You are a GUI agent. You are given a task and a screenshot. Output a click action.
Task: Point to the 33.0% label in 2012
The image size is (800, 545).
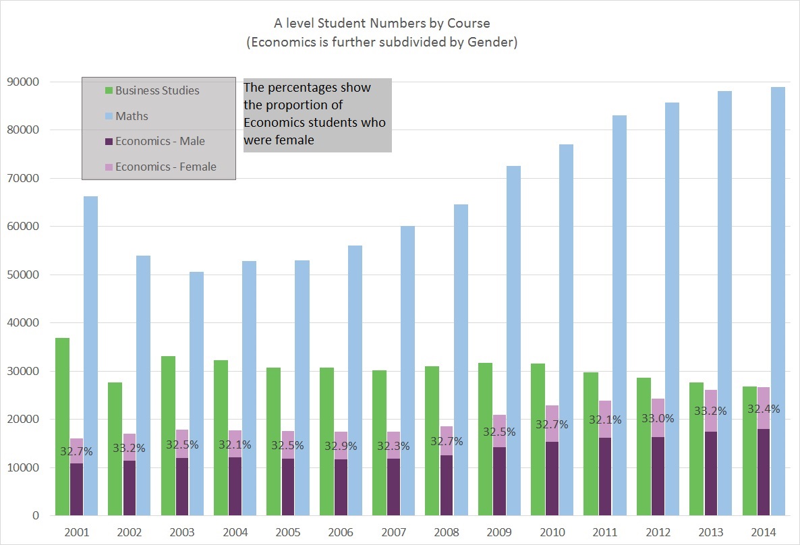(x=658, y=418)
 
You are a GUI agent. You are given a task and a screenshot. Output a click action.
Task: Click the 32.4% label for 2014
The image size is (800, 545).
(x=763, y=409)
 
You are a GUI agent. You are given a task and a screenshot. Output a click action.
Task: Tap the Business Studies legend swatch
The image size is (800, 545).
(x=109, y=90)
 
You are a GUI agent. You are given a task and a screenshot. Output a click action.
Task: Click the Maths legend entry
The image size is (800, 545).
(x=132, y=116)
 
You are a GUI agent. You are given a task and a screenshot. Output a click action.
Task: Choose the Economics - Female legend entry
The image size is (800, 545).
(x=166, y=167)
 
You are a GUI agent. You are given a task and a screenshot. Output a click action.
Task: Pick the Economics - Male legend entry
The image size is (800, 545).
(x=160, y=141)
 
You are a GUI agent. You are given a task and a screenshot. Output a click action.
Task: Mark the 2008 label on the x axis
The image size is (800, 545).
(x=446, y=532)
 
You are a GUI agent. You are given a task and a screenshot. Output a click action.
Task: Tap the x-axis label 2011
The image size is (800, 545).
(x=604, y=532)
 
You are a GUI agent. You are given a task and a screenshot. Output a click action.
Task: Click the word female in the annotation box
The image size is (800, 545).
(x=297, y=140)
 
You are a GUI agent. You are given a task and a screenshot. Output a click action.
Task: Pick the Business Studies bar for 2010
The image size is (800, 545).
(x=538, y=439)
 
